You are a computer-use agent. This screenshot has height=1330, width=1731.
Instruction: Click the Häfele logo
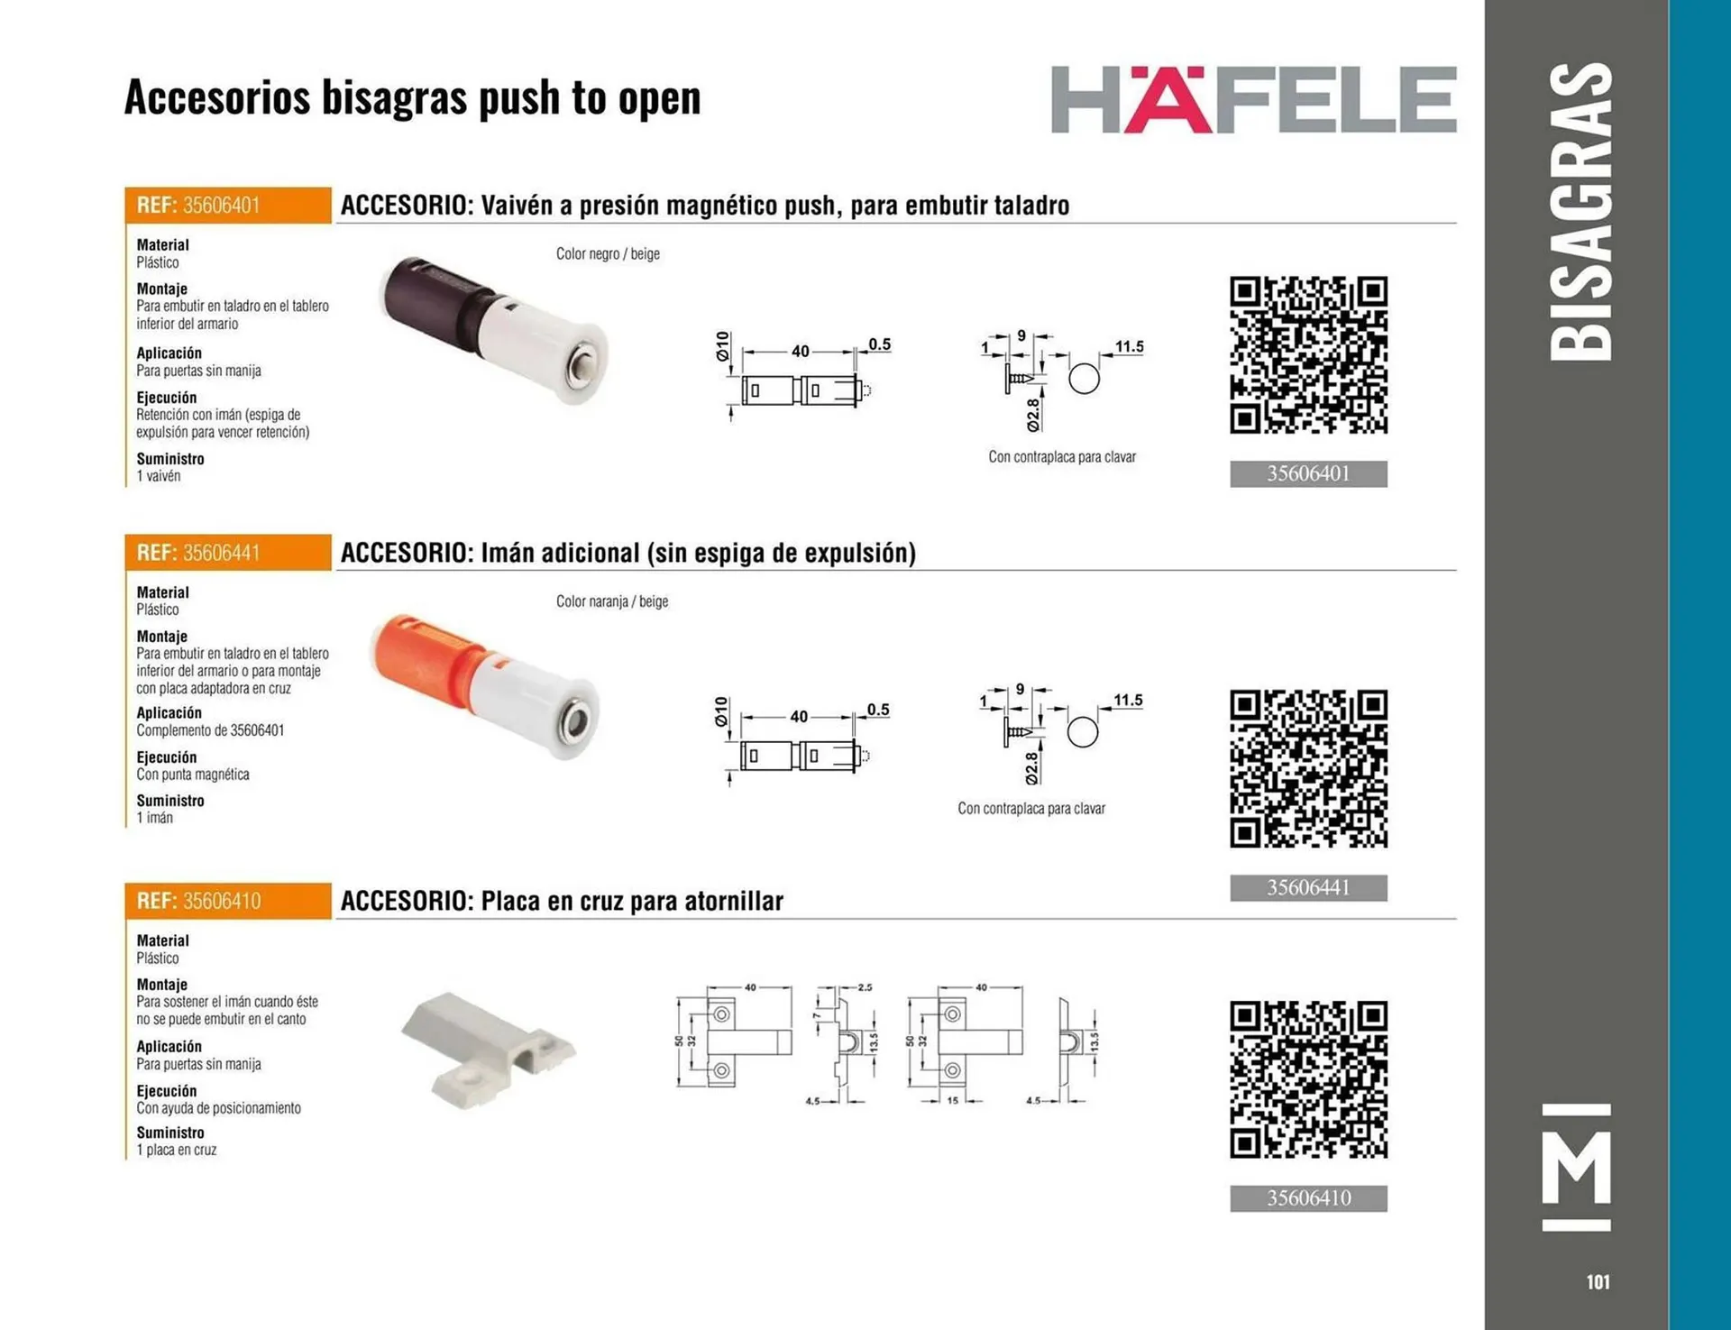coord(1253,99)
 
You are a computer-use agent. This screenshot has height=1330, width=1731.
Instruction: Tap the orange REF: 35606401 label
coord(228,206)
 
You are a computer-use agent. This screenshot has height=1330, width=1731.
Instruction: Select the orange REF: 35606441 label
coord(228,553)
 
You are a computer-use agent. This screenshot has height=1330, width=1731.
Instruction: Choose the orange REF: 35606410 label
coord(228,901)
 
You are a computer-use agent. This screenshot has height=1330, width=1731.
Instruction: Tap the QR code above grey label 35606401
coord(1308,355)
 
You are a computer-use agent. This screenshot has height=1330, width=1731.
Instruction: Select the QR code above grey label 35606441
coord(1308,769)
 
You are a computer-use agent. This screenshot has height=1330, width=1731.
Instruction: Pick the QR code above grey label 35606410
coord(1308,1079)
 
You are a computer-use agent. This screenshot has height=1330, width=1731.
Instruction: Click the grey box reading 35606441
coord(1308,888)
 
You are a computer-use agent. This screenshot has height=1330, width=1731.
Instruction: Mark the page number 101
coord(1598,1281)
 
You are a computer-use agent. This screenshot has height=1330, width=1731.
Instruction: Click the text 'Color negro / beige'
coord(608,254)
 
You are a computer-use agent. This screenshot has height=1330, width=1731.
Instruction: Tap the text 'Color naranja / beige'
coord(612,601)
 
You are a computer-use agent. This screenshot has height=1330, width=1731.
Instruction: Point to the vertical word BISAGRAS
coord(1580,212)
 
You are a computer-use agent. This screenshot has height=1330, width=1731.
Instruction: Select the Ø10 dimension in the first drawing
coord(722,346)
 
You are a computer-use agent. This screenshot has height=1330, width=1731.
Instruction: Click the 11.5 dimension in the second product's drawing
coord(1128,700)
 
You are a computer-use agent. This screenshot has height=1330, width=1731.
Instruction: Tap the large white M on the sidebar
coord(1576,1168)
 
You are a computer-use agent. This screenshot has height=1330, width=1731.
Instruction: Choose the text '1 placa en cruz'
coord(177,1151)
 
